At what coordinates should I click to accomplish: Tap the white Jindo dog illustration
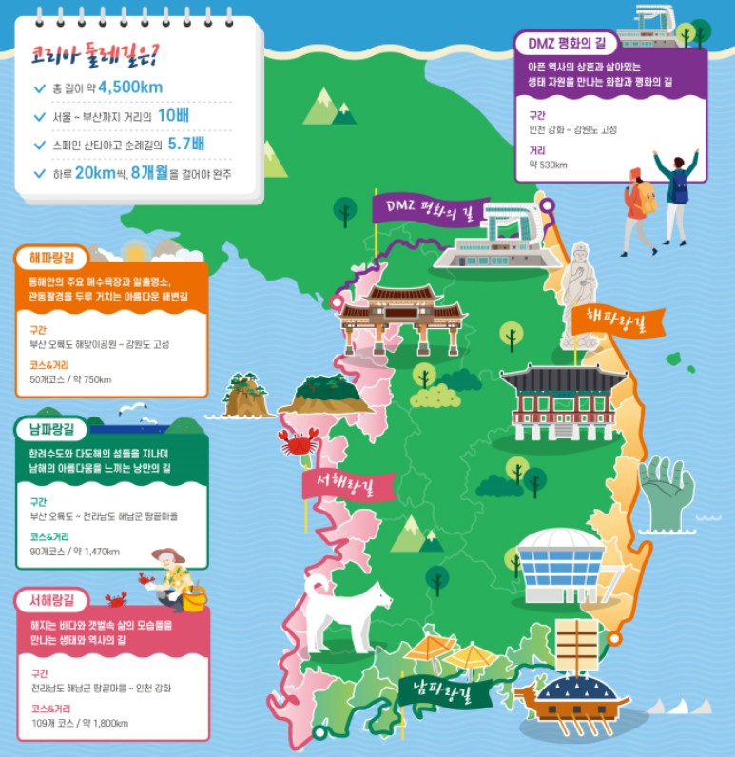(346, 608)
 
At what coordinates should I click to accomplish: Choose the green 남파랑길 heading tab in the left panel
(58, 429)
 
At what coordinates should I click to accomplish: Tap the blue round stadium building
(560, 560)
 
